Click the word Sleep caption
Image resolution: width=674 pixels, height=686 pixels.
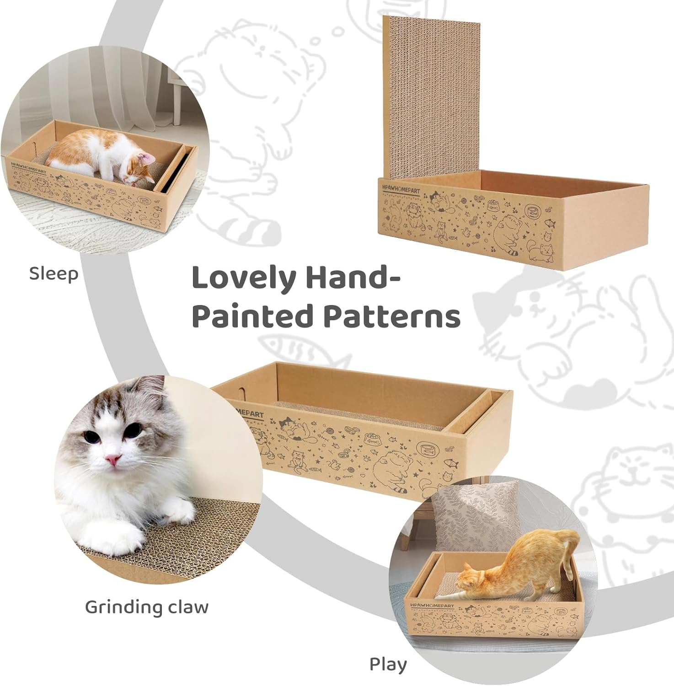coord(53,273)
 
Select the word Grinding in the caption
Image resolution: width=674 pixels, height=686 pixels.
coord(123,607)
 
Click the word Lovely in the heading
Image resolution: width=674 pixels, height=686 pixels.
coord(243,278)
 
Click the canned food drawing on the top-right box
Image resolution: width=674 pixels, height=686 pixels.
coord(532,211)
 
